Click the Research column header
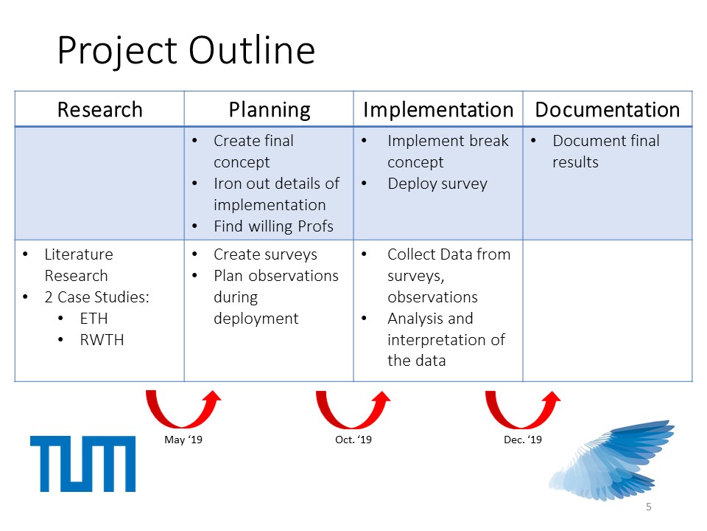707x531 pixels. click(99, 110)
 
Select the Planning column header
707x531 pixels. click(270, 110)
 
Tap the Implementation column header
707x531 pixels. click(438, 110)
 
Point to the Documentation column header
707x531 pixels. click(608, 110)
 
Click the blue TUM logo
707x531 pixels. click(83, 464)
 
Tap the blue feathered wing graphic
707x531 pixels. click(612, 460)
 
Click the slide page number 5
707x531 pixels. click(648, 507)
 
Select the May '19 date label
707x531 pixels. click(183, 440)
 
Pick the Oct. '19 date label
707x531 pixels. click(353, 440)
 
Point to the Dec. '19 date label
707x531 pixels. click(523, 440)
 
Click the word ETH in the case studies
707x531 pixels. click(94, 319)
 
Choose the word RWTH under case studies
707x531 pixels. click(102, 339)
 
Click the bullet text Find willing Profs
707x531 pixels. click(273, 226)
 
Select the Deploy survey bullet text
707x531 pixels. click(437, 184)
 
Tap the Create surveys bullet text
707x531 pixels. click(265, 254)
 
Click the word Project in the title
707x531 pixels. click(117, 51)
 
